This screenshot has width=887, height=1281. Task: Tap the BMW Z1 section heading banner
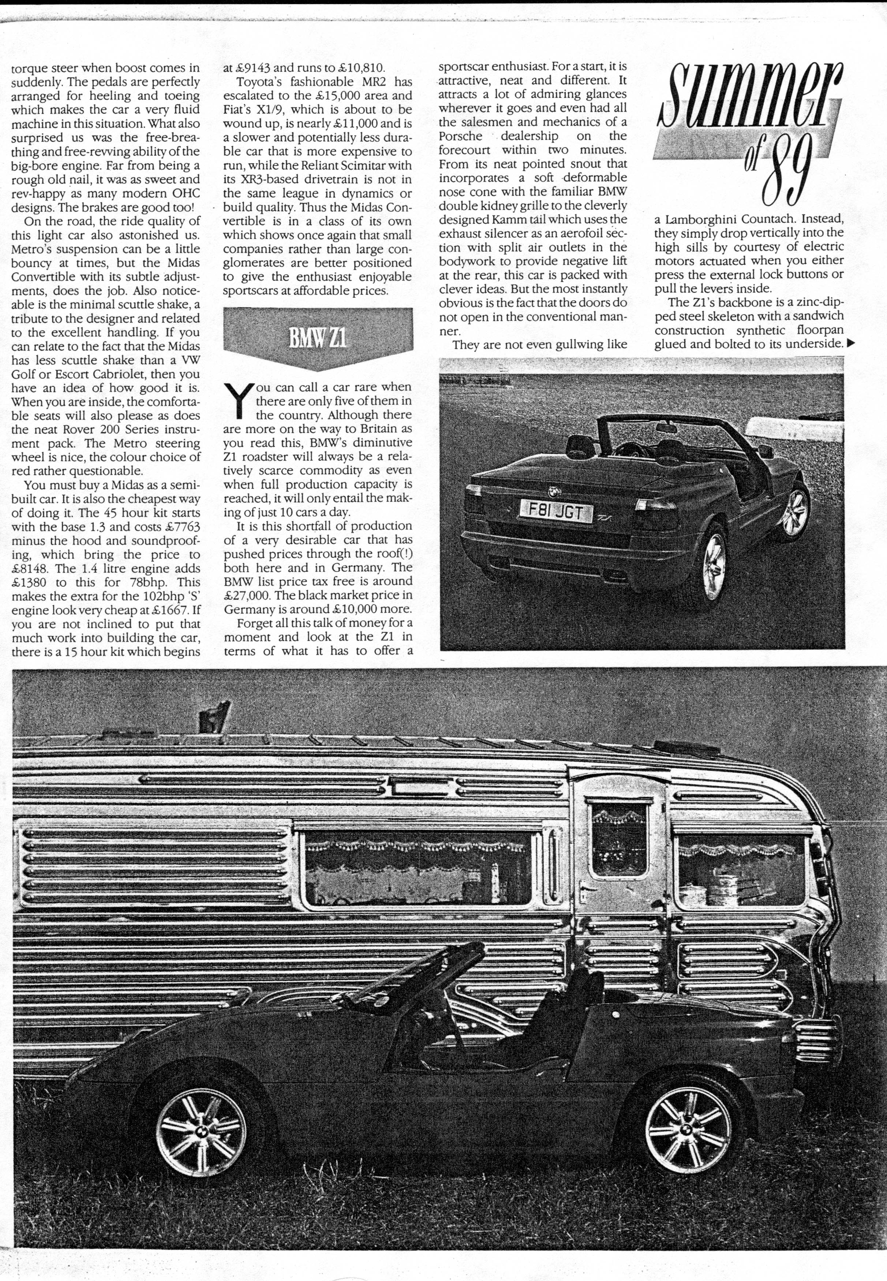(x=318, y=337)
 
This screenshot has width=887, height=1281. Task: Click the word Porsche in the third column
(x=460, y=136)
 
